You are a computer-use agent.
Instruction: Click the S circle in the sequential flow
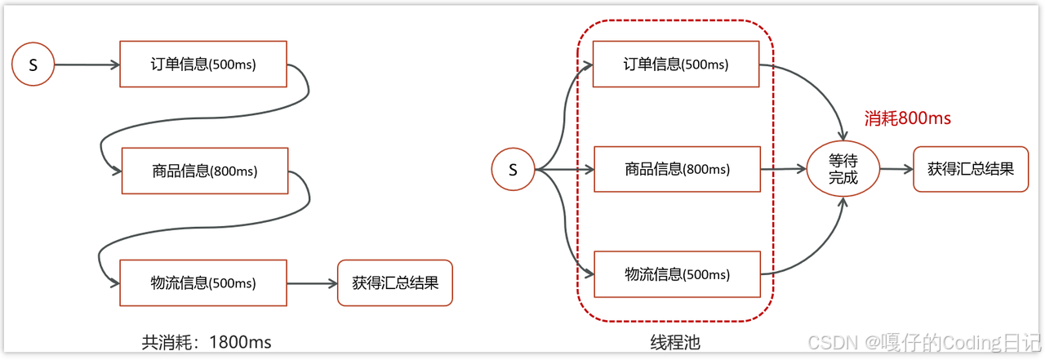(x=33, y=64)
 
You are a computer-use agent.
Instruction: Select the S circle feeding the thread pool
(x=513, y=170)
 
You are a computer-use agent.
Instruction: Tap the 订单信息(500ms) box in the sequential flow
(x=203, y=64)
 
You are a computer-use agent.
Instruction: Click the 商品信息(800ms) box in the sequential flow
(x=204, y=171)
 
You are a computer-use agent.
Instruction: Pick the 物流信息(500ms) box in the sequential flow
(x=203, y=283)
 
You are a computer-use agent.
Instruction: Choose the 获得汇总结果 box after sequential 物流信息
(x=395, y=283)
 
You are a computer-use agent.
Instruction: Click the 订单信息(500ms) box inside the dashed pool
(x=676, y=64)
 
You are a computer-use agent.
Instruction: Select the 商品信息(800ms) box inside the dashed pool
(x=677, y=170)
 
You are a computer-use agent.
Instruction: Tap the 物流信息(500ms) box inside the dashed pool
(x=677, y=274)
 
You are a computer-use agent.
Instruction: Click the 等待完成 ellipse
(x=843, y=170)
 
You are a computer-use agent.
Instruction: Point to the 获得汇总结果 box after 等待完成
(x=971, y=169)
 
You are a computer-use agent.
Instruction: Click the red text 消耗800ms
(x=907, y=118)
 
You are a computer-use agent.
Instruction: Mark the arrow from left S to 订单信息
(x=87, y=64)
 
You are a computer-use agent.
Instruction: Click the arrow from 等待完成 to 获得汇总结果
(x=896, y=170)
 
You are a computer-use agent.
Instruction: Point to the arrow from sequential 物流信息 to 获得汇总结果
(x=312, y=283)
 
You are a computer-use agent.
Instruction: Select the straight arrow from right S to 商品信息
(x=563, y=170)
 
